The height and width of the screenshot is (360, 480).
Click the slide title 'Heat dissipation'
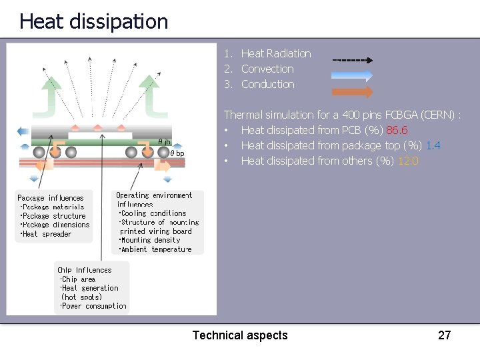[93, 21]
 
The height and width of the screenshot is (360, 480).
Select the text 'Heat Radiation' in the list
[275, 53]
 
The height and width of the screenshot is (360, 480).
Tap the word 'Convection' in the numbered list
[267, 69]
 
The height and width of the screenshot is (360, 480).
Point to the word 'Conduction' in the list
[267, 84]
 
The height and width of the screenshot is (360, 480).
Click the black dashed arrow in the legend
[352, 60]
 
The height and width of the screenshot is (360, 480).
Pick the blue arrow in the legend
[352, 75]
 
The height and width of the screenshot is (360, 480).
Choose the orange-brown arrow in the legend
[352, 91]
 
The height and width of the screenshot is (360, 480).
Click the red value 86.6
[397, 130]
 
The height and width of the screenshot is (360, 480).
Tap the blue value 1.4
[433, 145]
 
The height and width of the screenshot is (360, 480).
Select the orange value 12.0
[407, 161]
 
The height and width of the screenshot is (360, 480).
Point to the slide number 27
[444, 335]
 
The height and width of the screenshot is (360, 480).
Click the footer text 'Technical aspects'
[240, 335]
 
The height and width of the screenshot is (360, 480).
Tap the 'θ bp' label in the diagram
[177, 153]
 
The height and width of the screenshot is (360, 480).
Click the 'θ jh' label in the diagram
[164, 141]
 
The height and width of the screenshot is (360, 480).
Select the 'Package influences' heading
[51, 198]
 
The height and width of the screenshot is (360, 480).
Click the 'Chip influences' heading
[84, 270]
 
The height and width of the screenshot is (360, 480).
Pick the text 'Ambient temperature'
[155, 249]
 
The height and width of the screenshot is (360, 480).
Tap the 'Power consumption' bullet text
[94, 306]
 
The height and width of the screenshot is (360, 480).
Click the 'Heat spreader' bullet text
[47, 234]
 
